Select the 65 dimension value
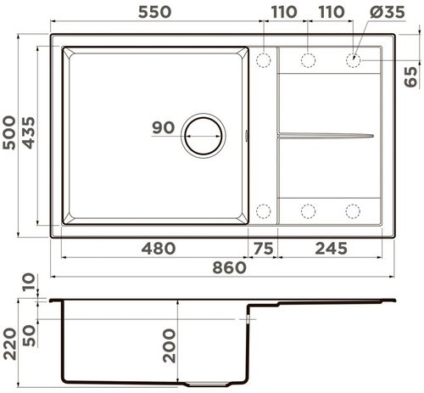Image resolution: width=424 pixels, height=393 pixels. click(412, 77)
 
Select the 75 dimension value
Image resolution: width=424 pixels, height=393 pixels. click(262, 248)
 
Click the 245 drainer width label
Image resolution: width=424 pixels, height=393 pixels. click(333, 248)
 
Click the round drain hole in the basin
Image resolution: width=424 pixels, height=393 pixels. click(204, 135)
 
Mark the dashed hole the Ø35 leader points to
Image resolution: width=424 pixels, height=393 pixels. click(353, 60)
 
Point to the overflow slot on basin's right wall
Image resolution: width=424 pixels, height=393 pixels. click(248, 135)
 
